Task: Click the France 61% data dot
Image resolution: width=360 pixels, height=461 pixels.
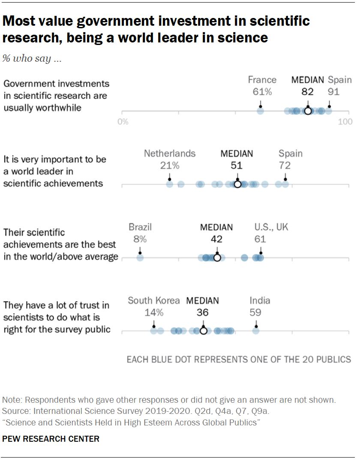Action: tap(260, 111)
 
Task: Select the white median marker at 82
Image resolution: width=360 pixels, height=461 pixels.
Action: tap(308, 111)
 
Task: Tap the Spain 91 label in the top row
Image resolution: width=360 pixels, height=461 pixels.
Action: tap(339, 86)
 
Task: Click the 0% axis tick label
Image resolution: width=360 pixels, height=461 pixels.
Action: tap(123, 122)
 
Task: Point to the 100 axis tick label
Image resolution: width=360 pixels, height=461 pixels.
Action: tap(345, 122)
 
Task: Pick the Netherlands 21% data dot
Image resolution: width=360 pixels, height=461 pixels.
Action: tap(169, 185)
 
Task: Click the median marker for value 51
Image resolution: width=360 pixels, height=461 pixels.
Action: tap(237, 185)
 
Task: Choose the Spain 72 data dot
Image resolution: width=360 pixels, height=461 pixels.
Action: tap(285, 185)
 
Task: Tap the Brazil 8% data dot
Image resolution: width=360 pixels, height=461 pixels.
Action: tap(140, 258)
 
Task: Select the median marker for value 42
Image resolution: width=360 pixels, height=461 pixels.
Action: tap(217, 258)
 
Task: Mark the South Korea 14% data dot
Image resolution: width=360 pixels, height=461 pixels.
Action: tap(153, 331)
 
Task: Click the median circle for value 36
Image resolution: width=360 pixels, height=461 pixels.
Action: tap(203, 331)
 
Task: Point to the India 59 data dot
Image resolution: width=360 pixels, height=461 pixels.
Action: tap(255, 331)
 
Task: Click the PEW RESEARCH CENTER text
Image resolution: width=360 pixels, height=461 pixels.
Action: tap(51, 439)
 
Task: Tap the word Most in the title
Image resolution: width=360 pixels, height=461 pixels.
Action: tap(20, 21)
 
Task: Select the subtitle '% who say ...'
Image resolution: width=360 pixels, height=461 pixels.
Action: tap(32, 59)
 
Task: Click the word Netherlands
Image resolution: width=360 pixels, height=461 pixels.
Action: tap(170, 153)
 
